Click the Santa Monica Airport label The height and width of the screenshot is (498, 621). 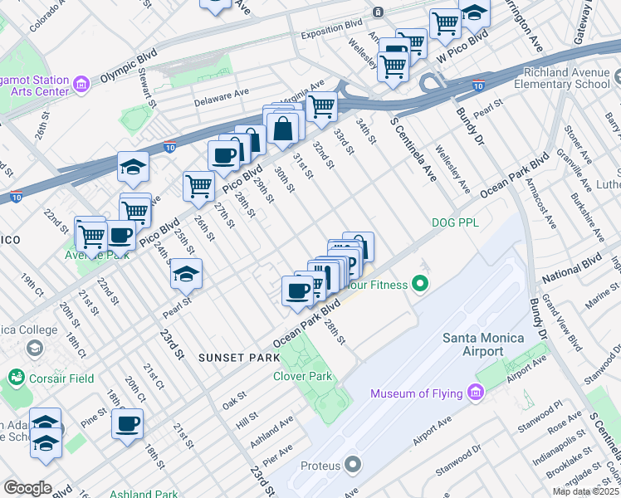[483, 344]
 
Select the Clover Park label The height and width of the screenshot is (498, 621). [303, 376]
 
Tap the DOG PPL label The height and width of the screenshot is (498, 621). [456, 222]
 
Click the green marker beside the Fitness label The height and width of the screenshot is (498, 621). [420, 285]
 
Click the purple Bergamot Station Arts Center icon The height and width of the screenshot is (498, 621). [81, 84]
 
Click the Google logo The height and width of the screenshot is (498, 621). [27, 487]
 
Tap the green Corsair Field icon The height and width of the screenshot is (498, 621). [16, 378]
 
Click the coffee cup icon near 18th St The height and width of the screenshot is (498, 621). [128, 423]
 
